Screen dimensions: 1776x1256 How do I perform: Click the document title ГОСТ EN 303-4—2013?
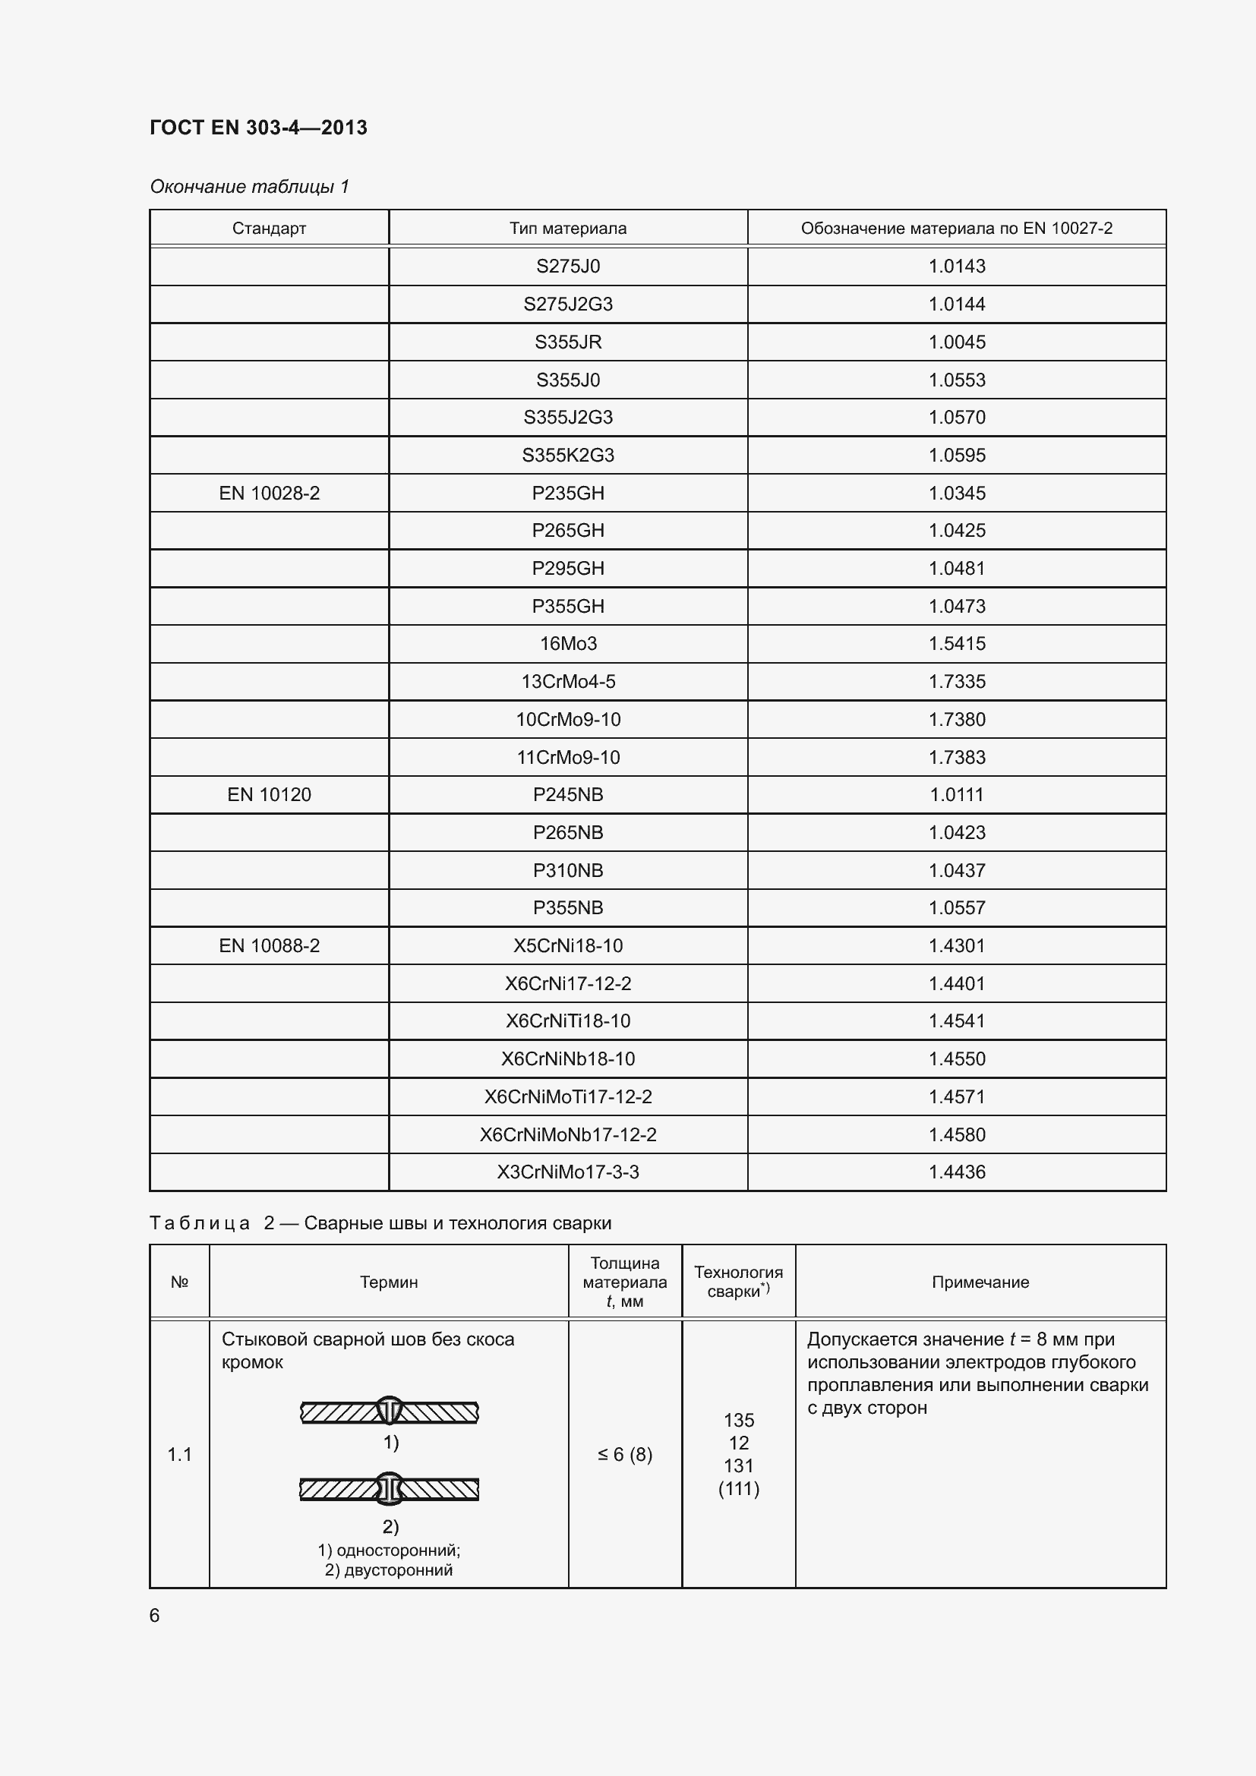pos(258,128)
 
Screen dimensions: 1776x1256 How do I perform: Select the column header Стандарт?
pos(269,229)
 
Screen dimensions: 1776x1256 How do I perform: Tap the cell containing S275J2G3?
pos(568,304)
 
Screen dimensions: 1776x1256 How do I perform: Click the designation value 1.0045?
pos(957,342)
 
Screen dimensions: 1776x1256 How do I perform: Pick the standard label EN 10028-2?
pos(269,493)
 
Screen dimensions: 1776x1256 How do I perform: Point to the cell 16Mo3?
pos(568,644)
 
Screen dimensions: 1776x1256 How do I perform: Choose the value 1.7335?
pos(957,681)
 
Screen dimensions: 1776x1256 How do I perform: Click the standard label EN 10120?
pos(269,794)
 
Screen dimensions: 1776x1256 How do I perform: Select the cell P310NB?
pos(568,870)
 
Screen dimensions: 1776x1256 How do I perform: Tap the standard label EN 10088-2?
pos(269,945)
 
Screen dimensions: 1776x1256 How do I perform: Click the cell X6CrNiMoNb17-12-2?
pos(568,1134)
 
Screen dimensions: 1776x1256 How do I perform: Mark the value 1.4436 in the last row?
pos(957,1172)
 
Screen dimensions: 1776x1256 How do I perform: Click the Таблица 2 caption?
pos(380,1223)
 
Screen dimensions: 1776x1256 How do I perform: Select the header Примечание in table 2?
pos(980,1282)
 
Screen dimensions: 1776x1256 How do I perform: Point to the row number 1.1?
pos(179,1454)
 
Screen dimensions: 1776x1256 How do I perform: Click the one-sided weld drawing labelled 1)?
pos(390,1412)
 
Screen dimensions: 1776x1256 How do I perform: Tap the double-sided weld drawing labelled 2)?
pos(390,1489)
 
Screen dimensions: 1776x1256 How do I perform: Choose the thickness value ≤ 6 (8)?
pos(625,1454)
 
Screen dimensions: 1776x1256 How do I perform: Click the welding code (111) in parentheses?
pos(739,1488)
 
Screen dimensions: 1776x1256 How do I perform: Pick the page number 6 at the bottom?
pos(155,1616)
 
